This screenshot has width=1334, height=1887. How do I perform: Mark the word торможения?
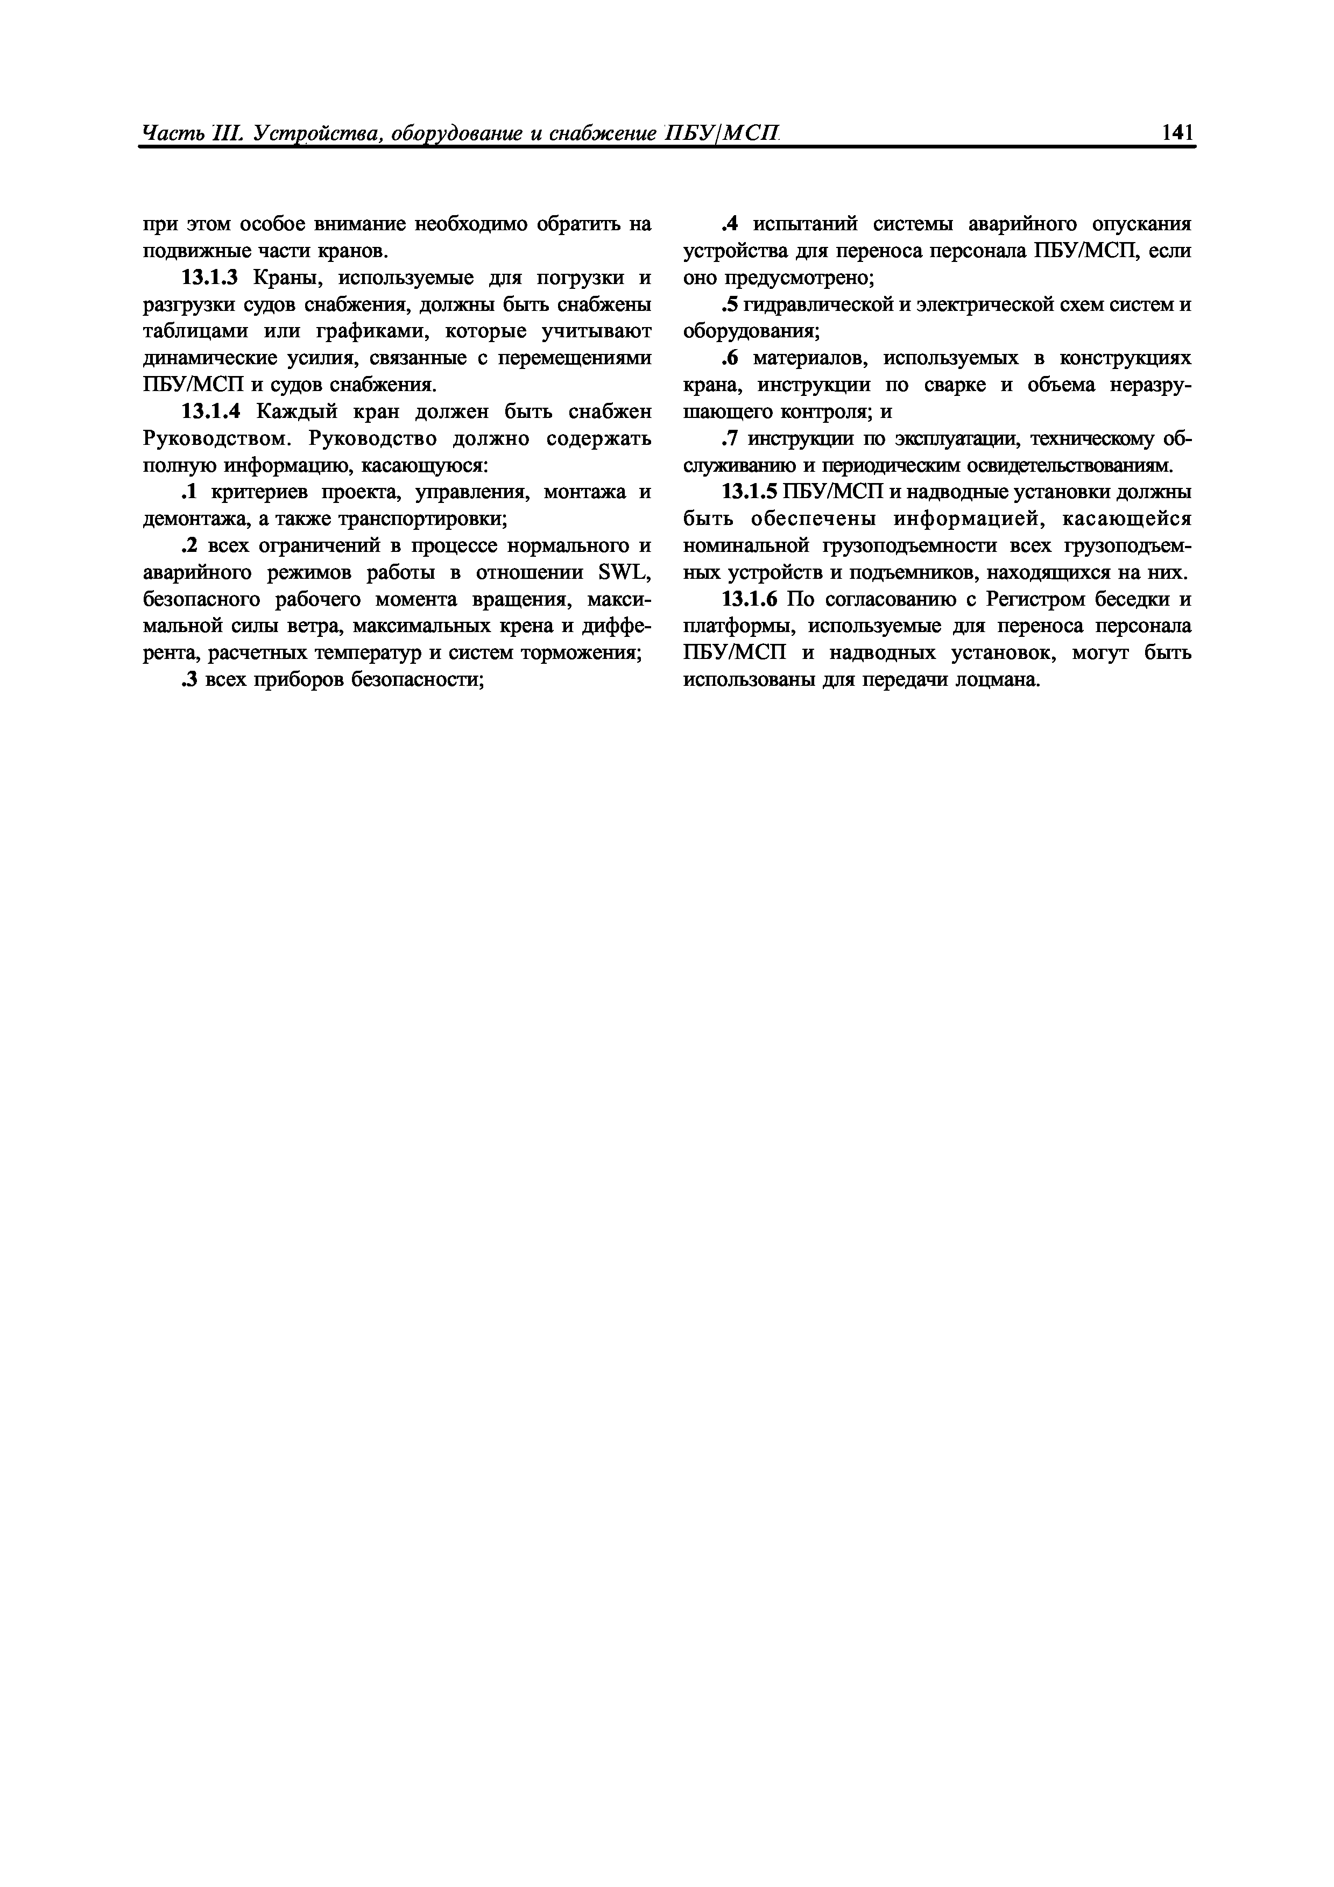coord(578,654)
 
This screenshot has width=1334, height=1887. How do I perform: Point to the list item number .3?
coord(189,680)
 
